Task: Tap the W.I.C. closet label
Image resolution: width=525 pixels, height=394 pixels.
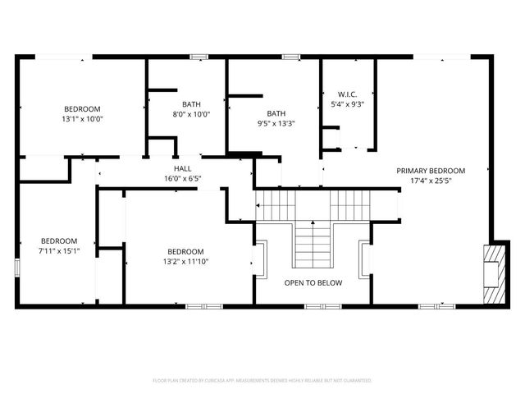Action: pos(347,94)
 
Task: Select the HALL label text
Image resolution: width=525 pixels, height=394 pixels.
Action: pos(182,167)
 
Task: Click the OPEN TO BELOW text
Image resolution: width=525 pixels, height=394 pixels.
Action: pos(313,282)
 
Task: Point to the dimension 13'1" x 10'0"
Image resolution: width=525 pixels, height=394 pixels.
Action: pos(83,119)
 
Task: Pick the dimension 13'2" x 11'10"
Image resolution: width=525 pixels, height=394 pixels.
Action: pos(185,262)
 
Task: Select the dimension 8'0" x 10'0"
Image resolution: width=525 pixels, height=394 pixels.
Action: pos(191,114)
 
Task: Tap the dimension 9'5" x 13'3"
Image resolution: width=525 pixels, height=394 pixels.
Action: pos(276,123)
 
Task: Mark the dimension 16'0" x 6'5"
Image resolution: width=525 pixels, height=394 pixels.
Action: pos(182,177)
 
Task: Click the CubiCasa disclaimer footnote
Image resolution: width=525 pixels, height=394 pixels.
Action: pos(262,380)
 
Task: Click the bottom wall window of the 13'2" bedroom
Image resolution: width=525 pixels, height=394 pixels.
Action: pos(199,306)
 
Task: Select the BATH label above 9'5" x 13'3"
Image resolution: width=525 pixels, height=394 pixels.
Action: pos(276,113)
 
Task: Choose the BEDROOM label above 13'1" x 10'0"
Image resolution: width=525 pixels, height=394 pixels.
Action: pos(83,109)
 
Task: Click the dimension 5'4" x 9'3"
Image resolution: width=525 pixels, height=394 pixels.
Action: pos(347,104)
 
